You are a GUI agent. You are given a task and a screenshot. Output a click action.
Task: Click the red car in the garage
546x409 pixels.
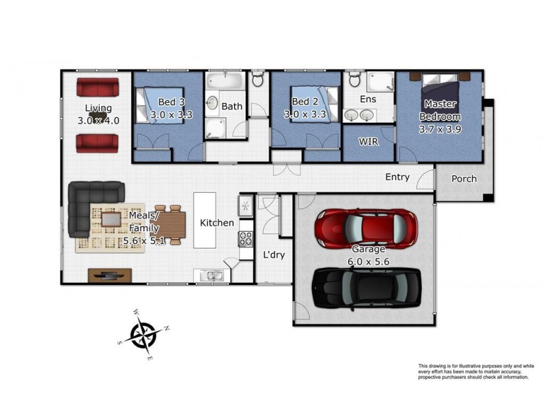(366, 228)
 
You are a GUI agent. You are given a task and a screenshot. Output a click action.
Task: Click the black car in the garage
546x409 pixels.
(367, 288)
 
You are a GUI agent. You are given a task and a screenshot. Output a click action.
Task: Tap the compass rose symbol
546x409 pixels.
(143, 335)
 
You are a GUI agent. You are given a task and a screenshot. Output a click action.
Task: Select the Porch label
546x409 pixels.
(464, 179)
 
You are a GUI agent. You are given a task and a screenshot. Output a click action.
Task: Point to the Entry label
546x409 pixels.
(397, 177)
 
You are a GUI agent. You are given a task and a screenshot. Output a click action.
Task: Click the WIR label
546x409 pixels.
(369, 142)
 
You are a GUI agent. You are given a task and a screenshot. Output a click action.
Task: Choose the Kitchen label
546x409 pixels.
(216, 223)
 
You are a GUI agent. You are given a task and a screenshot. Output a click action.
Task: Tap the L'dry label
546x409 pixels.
(274, 254)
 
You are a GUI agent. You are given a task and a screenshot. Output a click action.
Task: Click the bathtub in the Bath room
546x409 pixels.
(225, 80)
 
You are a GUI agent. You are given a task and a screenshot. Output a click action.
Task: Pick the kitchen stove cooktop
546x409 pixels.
(246, 239)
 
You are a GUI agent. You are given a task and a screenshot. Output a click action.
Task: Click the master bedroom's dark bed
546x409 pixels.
(440, 91)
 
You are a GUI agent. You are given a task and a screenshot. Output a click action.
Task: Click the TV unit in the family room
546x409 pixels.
(110, 275)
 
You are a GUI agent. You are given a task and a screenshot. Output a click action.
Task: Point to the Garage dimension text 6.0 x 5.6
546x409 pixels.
(369, 262)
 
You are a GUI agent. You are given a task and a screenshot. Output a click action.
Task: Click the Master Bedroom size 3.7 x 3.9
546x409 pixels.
(440, 130)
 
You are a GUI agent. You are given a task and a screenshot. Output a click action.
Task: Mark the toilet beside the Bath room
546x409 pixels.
(258, 78)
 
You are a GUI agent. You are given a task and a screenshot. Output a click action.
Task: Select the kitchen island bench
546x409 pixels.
(204, 220)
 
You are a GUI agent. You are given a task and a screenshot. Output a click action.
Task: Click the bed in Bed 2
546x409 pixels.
(315, 104)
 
